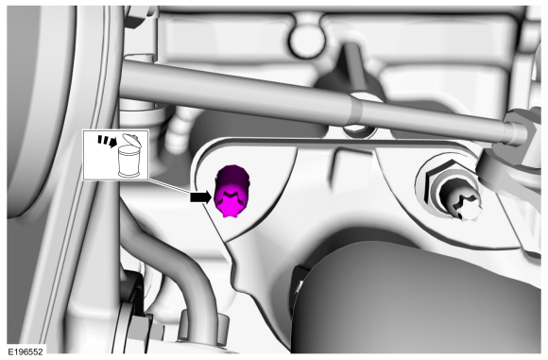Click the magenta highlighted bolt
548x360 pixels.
coord(231,191)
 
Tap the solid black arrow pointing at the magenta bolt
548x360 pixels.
coord(201,197)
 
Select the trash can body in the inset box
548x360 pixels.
coord(128,162)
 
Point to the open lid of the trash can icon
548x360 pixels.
coord(130,140)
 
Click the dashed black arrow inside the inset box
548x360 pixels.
coord(107,140)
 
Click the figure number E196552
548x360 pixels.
coord(26,351)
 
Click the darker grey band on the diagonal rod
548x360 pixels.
coord(356,110)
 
